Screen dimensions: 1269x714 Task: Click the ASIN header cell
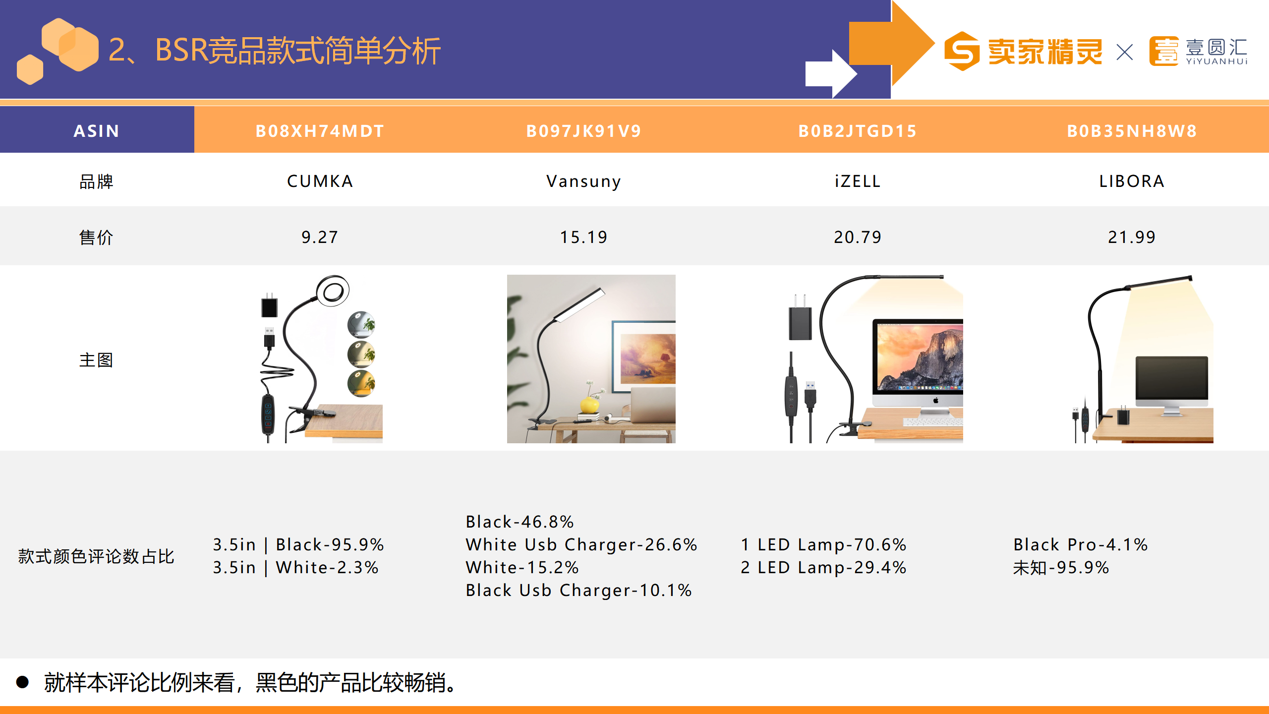[97, 131]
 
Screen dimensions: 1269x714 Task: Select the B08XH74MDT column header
[320, 131]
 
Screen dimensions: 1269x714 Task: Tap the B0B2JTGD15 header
[858, 131]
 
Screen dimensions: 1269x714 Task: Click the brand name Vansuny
[583, 181]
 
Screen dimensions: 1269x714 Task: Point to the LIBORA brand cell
[1132, 181]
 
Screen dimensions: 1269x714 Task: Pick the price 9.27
[320, 237]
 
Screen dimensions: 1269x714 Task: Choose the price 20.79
[858, 237]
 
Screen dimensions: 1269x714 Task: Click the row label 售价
[96, 238]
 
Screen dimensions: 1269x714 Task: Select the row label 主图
[96, 360]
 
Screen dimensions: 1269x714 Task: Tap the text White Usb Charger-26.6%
[581, 544]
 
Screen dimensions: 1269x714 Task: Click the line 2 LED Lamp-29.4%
[823, 567]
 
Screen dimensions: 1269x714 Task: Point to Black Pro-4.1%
[1081, 544]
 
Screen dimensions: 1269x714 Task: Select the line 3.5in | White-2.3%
[296, 567]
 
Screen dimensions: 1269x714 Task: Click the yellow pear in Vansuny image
[589, 405]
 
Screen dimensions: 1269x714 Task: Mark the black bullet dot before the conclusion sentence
[22, 682]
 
